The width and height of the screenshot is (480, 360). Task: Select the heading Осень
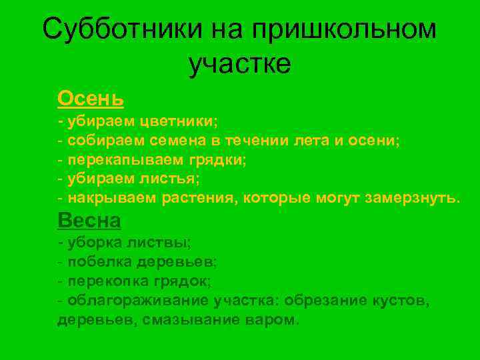pos(91,99)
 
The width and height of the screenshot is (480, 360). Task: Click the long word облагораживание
pos(141,301)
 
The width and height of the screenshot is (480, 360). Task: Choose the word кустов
pos(401,301)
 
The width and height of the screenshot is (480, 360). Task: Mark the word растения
pos(203,199)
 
